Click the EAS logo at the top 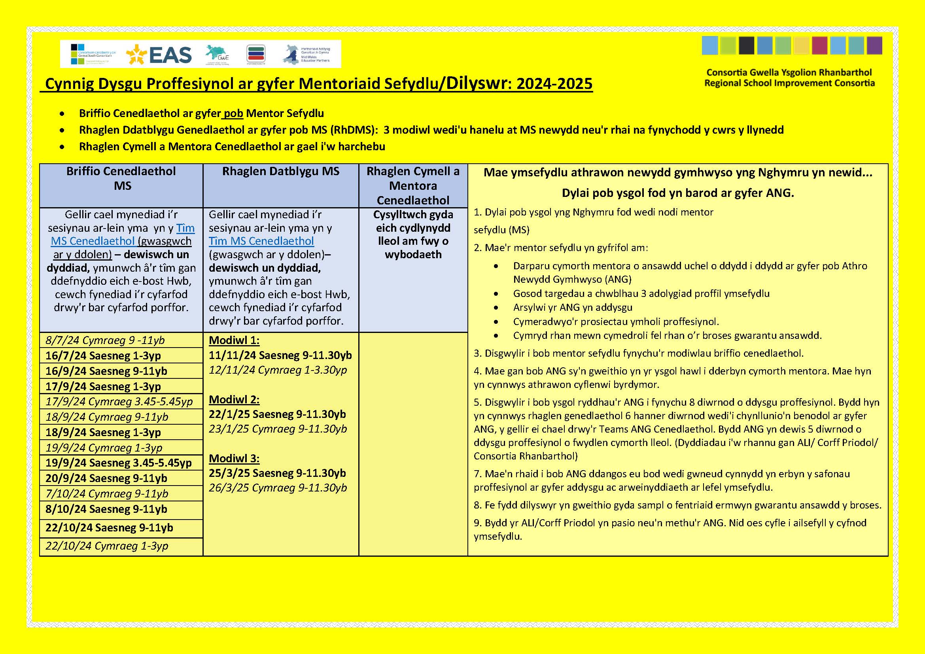click(159, 55)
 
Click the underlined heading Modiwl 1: click(234, 340)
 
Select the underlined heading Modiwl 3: click(234, 458)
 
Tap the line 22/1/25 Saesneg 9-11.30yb click(277, 414)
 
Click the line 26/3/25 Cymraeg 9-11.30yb click(278, 488)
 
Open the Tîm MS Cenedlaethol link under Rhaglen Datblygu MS click(261, 241)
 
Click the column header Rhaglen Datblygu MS click(281, 172)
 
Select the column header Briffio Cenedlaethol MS click(121, 178)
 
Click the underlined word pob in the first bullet click(233, 113)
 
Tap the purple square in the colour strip click(874, 45)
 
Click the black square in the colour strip click(746, 45)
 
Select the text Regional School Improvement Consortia click(789, 83)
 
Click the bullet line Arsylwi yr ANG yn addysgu click(573, 308)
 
